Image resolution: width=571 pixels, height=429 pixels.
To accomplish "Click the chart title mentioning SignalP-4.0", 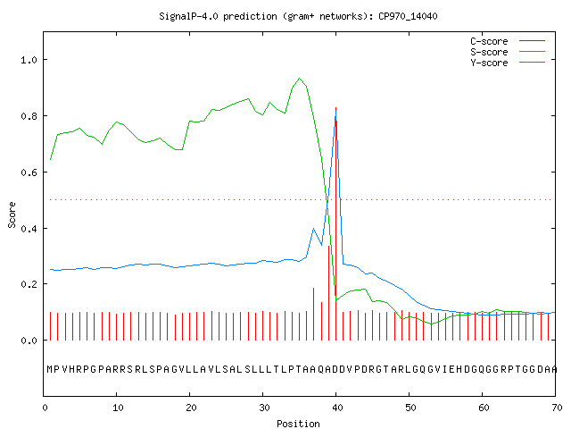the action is pyautogui.click(x=298, y=16).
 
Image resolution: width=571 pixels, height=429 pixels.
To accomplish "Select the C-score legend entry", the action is pyautogui.click(x=508, y=41).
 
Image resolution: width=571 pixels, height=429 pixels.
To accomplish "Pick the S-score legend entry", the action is pyautogui.click(x=508, y=52).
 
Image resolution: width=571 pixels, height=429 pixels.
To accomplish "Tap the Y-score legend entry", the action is pyautogui.click(x=508, y=63).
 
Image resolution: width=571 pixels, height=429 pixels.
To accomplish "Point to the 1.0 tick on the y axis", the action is pyautogui.click(x=29, y=60).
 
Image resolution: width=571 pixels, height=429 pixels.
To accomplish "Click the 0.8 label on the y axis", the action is pyautogui.click(x=29, y=116).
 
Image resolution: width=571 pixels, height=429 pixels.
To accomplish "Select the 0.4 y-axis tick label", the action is pyautogui.click(x=29, y=229).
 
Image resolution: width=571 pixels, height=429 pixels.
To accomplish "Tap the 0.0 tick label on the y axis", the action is pyautogui.click(x=29, y=341).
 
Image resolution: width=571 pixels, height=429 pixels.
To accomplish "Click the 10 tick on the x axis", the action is pyautogui.click(x=118, y=408).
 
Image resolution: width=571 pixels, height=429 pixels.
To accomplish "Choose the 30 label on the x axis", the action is pyautogui.click(x=264, y=408).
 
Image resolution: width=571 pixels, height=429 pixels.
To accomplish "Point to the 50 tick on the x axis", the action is pyautogui.click(x=410, y=408).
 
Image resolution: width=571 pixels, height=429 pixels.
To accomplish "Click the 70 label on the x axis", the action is pyautogui.click(x=557, y=408).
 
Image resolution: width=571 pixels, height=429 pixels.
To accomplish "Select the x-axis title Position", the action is pyautogui.click(x=298, y=424).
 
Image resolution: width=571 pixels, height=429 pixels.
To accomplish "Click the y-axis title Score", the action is pyautogui.click(x=12, y=214).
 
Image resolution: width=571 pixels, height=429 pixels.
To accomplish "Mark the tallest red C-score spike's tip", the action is pyautogui.click(x=335, y=107).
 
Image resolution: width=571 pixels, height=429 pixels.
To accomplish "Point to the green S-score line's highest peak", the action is pyautogui.click(x=300, y=78).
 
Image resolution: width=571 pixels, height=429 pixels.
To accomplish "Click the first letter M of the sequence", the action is pyautogui.click(x=50, y=369).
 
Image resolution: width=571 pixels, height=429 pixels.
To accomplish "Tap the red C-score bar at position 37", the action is pyautogui.click(x=313, y=314).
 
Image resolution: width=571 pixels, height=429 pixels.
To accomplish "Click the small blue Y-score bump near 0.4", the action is pyautogui.click(x=313, y=229).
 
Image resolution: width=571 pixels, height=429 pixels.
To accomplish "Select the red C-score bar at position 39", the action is pyautogui.click(x=328, y=293).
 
